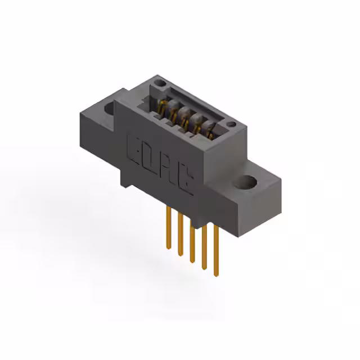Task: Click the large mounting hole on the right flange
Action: (247, 183)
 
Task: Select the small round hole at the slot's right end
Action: (230, 123)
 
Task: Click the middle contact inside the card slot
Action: (186, 118)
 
